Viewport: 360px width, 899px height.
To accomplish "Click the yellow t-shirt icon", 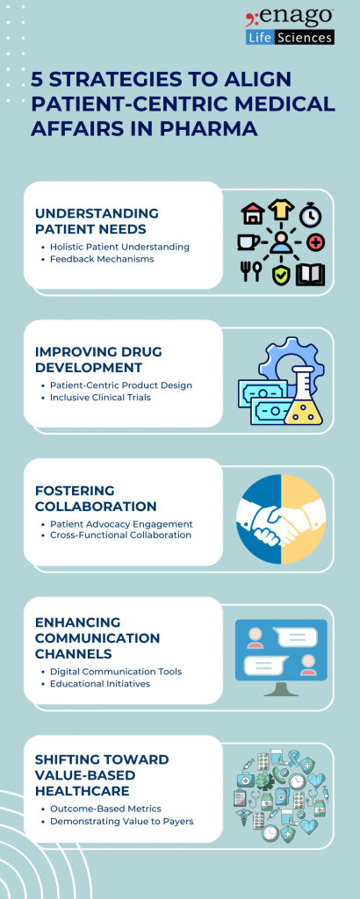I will (x=282, y=211).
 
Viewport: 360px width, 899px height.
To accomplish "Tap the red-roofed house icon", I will (x=253, y=213).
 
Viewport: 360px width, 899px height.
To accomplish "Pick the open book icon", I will (x=310, y=273).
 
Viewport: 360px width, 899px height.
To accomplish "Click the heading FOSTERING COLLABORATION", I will (x=96, y=499).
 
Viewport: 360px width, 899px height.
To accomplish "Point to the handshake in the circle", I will (x=280, y=519).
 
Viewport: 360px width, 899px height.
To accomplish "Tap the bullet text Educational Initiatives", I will (x=100, y=683).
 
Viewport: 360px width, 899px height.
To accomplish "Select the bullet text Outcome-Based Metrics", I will (x=105, y=809).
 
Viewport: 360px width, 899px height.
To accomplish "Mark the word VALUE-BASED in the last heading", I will (x=83, y=774).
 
